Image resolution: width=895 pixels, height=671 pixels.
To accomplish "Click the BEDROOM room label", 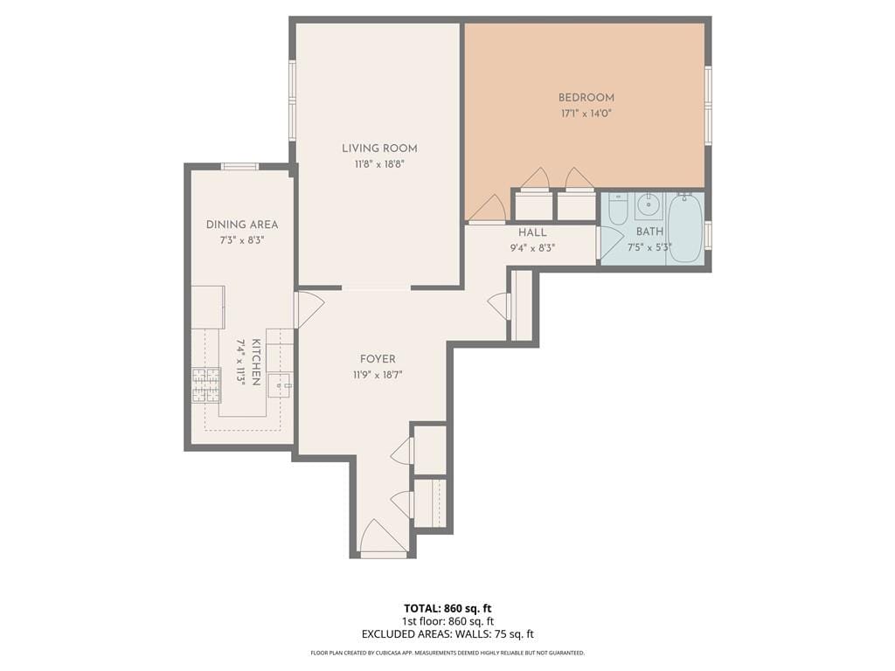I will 586,98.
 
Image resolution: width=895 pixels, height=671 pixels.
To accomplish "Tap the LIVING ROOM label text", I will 378,149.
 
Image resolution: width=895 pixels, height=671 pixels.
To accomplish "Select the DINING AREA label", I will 242,225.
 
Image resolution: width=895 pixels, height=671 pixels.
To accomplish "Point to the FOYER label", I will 378,359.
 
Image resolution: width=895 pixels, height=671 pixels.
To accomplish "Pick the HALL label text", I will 532,232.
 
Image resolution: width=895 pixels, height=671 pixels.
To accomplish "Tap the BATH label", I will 649,232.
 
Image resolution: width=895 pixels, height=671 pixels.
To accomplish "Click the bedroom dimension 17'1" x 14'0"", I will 586,114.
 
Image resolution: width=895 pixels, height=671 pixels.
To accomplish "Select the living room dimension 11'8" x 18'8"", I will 378,163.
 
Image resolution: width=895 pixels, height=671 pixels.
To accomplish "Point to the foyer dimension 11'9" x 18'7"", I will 378,374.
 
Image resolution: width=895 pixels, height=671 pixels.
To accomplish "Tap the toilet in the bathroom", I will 618,209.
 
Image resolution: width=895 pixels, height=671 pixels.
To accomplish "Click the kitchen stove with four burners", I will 206,385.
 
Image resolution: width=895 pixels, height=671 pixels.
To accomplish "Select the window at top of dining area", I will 239,166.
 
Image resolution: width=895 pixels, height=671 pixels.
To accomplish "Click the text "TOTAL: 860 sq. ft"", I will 447,608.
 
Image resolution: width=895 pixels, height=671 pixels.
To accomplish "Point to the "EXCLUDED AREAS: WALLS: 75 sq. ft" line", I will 447,634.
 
